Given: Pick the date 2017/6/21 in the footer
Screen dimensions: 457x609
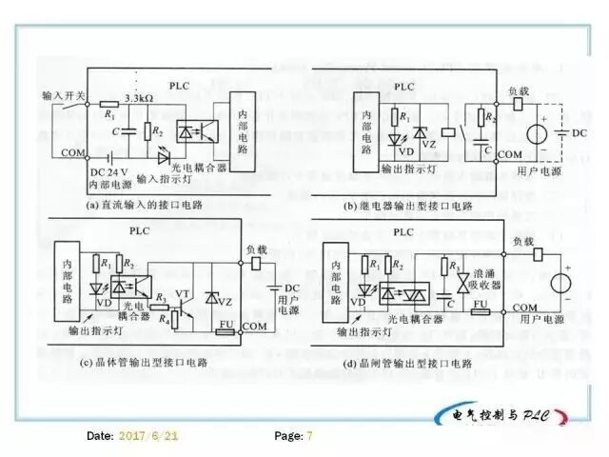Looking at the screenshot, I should pyautogui.click(x=147, y=435).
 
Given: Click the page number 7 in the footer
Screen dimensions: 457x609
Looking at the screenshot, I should pyautogui.click(x=308, y=435).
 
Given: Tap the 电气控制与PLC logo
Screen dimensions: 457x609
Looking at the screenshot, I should pyautogui.click(x=500, y=415).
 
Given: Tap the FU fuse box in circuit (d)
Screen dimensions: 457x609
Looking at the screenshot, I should pyautogui.click(x=481, y=308).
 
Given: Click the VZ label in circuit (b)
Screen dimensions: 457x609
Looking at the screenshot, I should pyautogui.click(x=429, y=143).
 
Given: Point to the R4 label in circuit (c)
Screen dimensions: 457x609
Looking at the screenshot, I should pyautogui.click(x=163, y=317).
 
